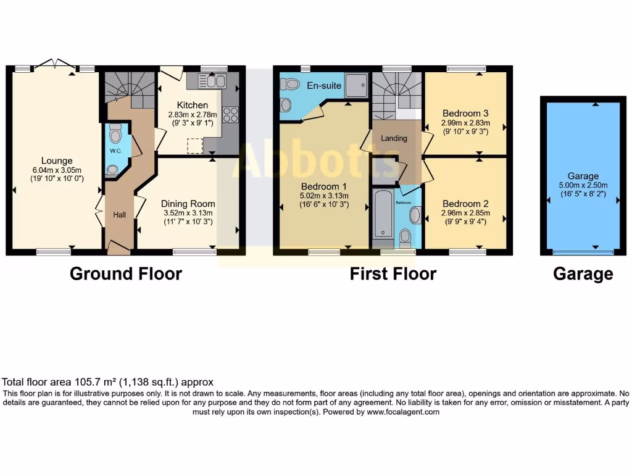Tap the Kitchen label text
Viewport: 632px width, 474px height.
pyautogui.click(x=188, y=105)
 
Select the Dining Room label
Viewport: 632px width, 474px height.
pyautogui.click(x=188, y=204)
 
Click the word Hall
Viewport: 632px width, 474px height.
pyautogui.click(x=119, y=215)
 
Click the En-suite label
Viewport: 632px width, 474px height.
pyautogui.click(x=324, y=86)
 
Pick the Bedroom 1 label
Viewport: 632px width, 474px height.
pyautogui.click(x=324, y=186)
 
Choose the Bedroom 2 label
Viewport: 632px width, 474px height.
pyautogui.click(x=465, y=204)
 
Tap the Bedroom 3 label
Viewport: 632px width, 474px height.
pyautogui.click(x=465, y=113)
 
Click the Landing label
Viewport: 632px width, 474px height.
pyautogui.click(x=394, y=138)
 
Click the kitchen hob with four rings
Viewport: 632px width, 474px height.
pyautogui.click(x=230, y=114)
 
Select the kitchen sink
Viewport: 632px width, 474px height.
pyautogui.click(x=216, y=81)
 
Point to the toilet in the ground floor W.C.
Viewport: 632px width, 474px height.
pyautogui.click(x=115, y=133)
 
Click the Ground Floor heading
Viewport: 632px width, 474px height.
pyautogui.click(x=126, y=273)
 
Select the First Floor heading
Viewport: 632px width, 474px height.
pyautogui.click(x=393, y=273)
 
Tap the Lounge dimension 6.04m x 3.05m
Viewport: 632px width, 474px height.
pyautogui.click(x=57, y=170)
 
